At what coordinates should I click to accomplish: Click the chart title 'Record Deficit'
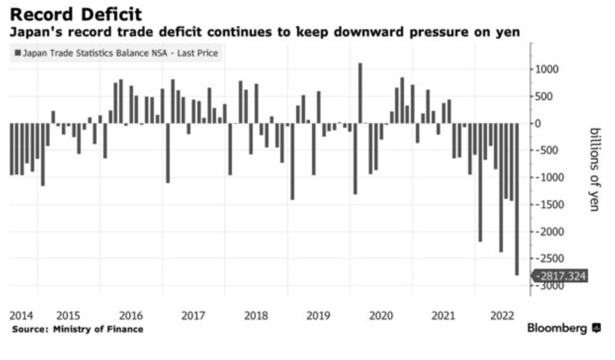[x=76, y=15]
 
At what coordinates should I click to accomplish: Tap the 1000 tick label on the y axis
[x=547, y=70]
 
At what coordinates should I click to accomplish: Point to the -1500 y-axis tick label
[x=545, y=205]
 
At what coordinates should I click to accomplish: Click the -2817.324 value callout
[x=560, y=276]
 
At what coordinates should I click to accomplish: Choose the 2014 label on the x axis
[x=21, y=316]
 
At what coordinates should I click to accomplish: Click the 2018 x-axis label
[x=256, y=316]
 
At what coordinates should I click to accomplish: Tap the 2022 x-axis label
[x=502, y=316]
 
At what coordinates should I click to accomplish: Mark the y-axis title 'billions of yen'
[x=595, y=170]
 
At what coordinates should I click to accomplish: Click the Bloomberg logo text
[x=557, y=328]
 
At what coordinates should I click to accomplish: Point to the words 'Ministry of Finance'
[x=98, y=329]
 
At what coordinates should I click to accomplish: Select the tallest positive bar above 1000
[x=360, y=93]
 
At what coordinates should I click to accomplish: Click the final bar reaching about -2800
[x=517, y=199]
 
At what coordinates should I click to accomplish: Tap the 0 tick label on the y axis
[x=548, y=124]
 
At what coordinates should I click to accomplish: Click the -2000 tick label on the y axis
[x=545, y=232]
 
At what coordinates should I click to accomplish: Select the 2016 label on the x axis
[x=130, y=316]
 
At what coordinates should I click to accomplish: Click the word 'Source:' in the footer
[x=30, y=329]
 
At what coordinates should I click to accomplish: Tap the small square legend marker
[x=18, y=53]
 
